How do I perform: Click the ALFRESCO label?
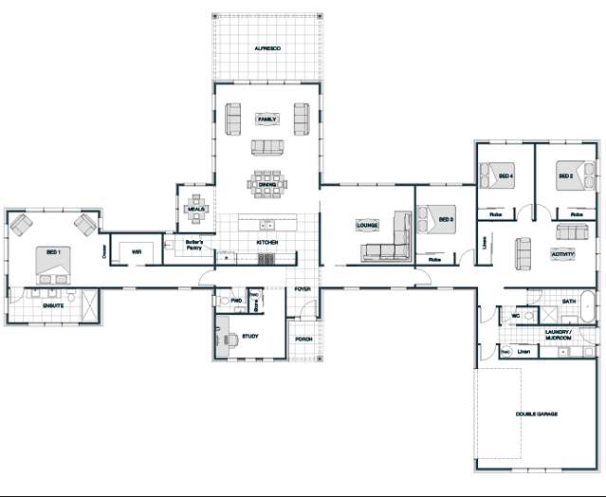pyautogui.click(x=267, y=47)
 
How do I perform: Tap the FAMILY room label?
pyautogui.click(x=267, y=120)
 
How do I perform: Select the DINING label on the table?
pyautogui.click(x=267, y=185)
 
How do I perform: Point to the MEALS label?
pyautogui.click(x=196, y=210)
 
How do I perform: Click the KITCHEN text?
pyautogui.click(x=267, y=244)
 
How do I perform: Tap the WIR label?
pyautogui.click(x=137, y=252)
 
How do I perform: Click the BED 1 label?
pyautogui.click(x=51, y=253)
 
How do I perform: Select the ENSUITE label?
pyautogui.click(x=52, y=306)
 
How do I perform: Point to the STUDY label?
pyautogui.click(x=250, y=336)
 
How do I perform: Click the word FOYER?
pyautogui.click(x=303, y=288)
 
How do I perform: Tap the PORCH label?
pyautogui.click(x=303, y=339)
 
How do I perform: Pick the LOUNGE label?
pyautogui.click(x=367, y=226)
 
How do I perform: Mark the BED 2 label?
pyautogui.click(x=565, y=176)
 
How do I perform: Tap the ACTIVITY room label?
pyautogui.click(x=562, y=254)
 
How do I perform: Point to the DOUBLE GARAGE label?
pyautogui.click(x=536, y=414)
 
